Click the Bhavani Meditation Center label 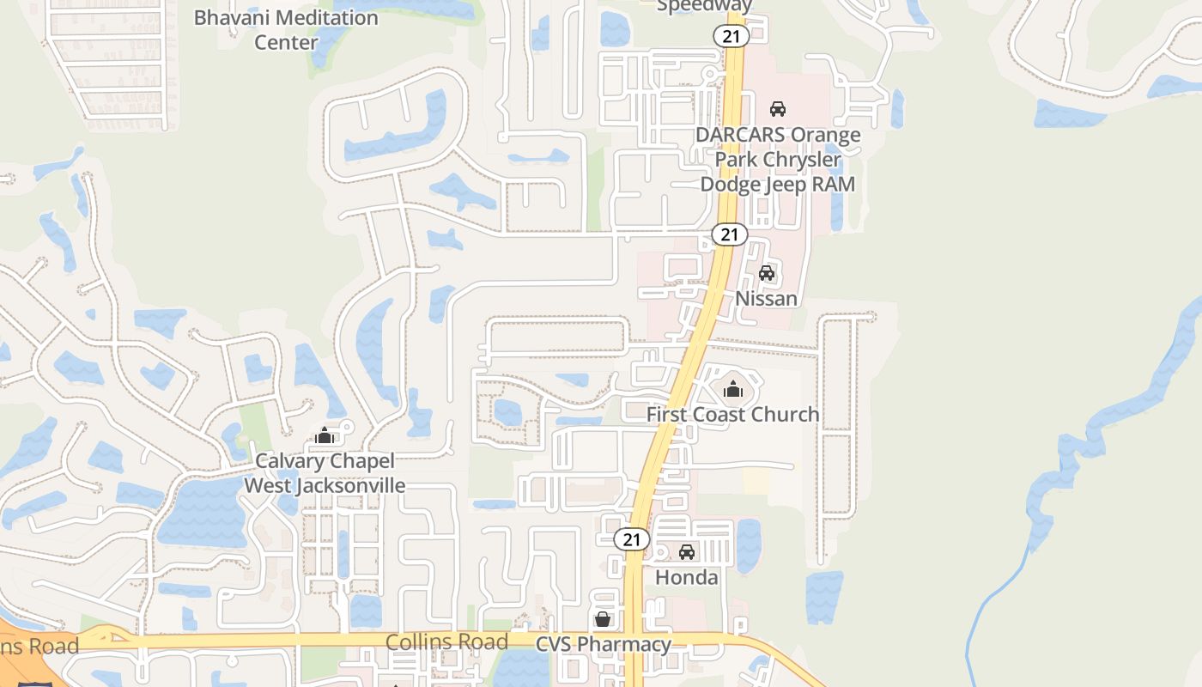point(286,29)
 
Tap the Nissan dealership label point(767,299)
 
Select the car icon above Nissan point(767,273)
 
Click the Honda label point(687,578)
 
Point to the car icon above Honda point(687,552)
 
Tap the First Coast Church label point(732,415)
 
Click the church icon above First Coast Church point(732,390)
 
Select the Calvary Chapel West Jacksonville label point(325,473)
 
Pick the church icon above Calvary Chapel point(324,436)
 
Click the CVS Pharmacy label point(604,644)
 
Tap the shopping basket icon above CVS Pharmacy point(604,619)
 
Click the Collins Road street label point(446,641)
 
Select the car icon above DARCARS point(778,109)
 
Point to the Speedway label point(704,7)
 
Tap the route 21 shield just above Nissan point(730,234)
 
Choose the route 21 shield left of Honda point(632,539)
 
